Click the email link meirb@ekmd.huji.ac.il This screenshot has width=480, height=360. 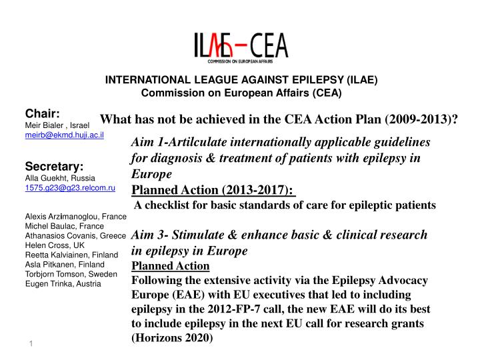pyautogui.click(x=61, y=135)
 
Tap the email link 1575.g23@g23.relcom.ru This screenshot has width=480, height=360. pyautogui.click(x=70, y=189)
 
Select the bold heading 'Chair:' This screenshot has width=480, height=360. pyautogui.click(x=44, y=113)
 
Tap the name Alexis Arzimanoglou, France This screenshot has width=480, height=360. pyautogui.click(x=75, y=217)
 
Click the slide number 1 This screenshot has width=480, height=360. pyautogui.click(x=31, y=343)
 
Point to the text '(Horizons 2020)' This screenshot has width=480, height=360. pyautogui.click(x=173, y=337)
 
